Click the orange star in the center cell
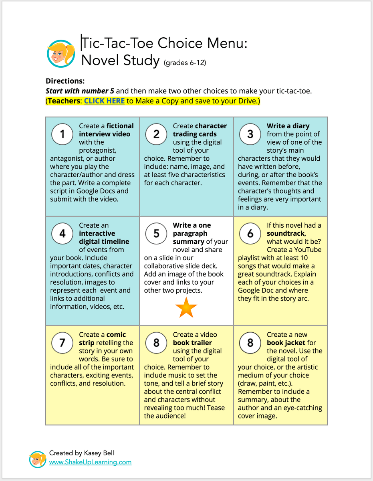click(x=186, y=307)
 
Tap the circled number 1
click(x=62, y=134)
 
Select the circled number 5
click(x=156, y=233)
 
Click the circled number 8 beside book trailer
click(x=156, y=343)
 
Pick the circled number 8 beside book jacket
click(x=250, y=343)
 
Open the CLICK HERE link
click(x=104, y=101)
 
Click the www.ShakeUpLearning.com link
click(x=90, y=462)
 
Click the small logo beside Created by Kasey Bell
click(x=38, y=459)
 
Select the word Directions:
click(x=65, y=81)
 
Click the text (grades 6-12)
click(x=185, y=63)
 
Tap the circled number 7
click(x=62, y=343)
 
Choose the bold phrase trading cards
click(x=195, y=134)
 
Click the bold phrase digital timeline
click(x=104, y=241)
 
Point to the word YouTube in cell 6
click(x=306, y=250)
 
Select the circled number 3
click(x=250, y=134)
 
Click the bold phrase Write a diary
click(x=288, y=126)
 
